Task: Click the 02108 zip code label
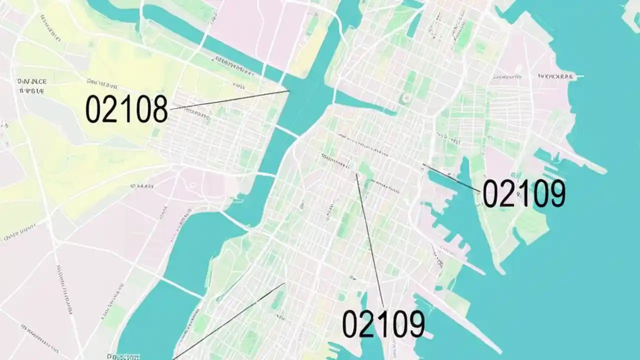(x=126, y=109)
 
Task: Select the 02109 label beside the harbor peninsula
(x=523, y=193)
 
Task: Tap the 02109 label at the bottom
(x=383, y=323)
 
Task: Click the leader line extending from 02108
(x=230, y=99)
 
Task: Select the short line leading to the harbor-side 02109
(x=452, y=178)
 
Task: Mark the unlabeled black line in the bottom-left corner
(x=230, y=320)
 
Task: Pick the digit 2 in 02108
(x=110, y=109)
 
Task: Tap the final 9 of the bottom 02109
(x=415, y=323)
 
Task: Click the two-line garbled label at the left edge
(x=31, y=85)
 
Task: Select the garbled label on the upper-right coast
(x=555, y=77)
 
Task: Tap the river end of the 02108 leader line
(x=289, y=91)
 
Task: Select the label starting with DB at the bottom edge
(x=123, y=356)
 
